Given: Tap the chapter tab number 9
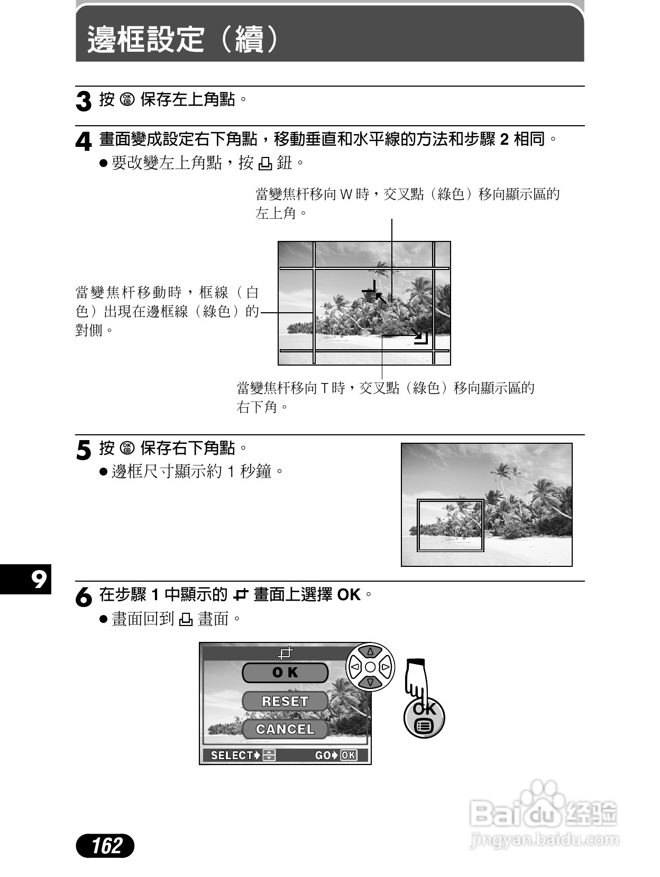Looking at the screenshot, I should click(38, 580).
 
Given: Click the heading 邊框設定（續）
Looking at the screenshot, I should click(183, 39).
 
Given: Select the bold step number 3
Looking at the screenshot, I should click(84, 101).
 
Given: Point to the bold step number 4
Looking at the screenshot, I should click(84, 142).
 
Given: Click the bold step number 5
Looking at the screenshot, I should click(84, 451).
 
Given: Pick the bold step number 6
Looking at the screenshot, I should click(84, 597).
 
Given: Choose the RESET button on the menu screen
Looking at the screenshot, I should click(285, 701).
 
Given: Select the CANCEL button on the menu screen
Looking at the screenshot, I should click(285, 729).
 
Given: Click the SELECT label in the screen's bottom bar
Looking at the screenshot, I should click(232, 755).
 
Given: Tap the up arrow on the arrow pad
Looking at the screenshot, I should click(370, 652).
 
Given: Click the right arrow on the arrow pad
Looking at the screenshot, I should click(386, 667).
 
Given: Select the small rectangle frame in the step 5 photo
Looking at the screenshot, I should click(451, 525).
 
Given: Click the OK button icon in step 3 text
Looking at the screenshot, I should click(127, 99).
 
